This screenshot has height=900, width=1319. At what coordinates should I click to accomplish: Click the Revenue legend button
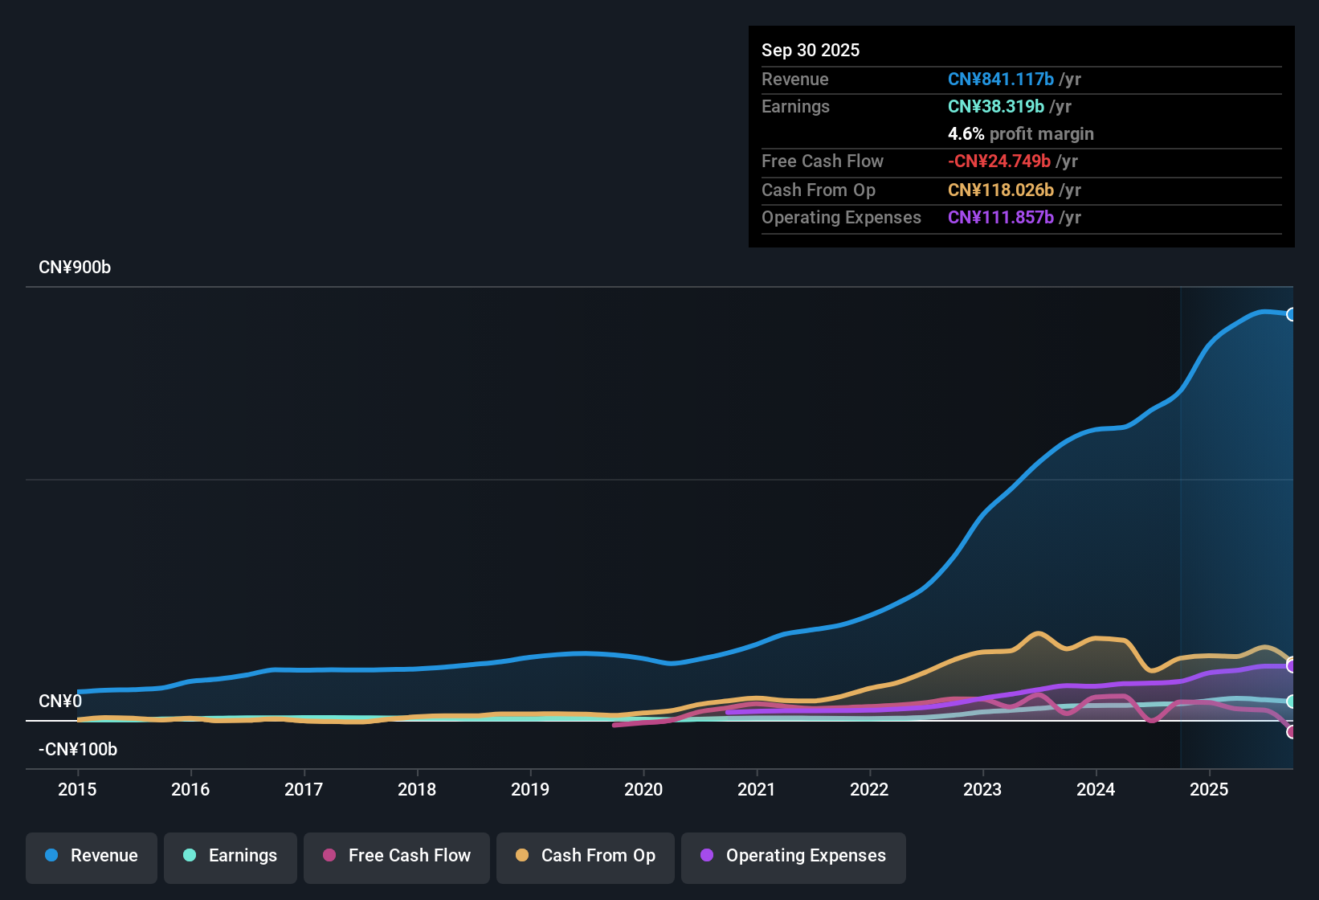pyautogui.click(x=92, y=856)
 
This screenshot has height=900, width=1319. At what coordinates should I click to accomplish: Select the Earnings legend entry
pyautogui.click(x=231, y=856)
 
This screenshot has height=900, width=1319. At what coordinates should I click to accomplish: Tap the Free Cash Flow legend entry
pyautogui.click(x=397, y=856)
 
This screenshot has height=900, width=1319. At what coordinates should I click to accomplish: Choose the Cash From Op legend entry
pyautogui.click(x=586, y=856)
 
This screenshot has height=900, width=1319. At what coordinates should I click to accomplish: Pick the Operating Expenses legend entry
pyautogui.click(x=794, y=856)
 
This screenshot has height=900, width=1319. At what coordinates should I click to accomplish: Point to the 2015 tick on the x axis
pyautogui.click(x=77, y=789)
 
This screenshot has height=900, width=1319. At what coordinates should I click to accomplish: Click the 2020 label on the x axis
pyautogui.click(x=643, y=789)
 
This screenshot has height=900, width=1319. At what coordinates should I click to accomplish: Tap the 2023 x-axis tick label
pyautogui.click(x=982, y=789)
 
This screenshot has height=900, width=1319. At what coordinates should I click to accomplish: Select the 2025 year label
pyautogui.click(x=1209, y=789)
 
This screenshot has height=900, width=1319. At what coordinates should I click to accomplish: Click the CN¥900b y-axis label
pyautogui.click(x=75, y=268)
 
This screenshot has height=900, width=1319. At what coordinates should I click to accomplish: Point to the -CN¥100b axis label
pyautogui.click(x=78, y=750)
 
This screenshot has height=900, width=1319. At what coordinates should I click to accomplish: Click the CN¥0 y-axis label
pyautogui.click(x=60, y=702)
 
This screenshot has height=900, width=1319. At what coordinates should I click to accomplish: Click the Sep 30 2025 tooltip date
pyautogui.click(x=811, y=50)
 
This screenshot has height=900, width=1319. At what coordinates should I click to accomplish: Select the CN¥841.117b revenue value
pyautogui.click(x=1000, y=80)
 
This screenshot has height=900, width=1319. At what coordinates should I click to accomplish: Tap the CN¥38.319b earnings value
pyautogui.click(x=995, y=107)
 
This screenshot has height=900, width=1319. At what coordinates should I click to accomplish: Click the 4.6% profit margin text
pyautogui.click(x=1020, y=134)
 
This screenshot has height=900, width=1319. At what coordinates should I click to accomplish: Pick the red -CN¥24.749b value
pyautogui.click(x=998, y=162)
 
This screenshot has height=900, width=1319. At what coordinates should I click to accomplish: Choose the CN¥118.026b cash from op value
pyautogui.click(x=1000, y=190)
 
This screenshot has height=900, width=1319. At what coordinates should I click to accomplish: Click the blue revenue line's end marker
pyautogui.click(x=1291, y=314)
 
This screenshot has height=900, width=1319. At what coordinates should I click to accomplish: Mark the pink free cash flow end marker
pyautogui.click(x=1291, y=732)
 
